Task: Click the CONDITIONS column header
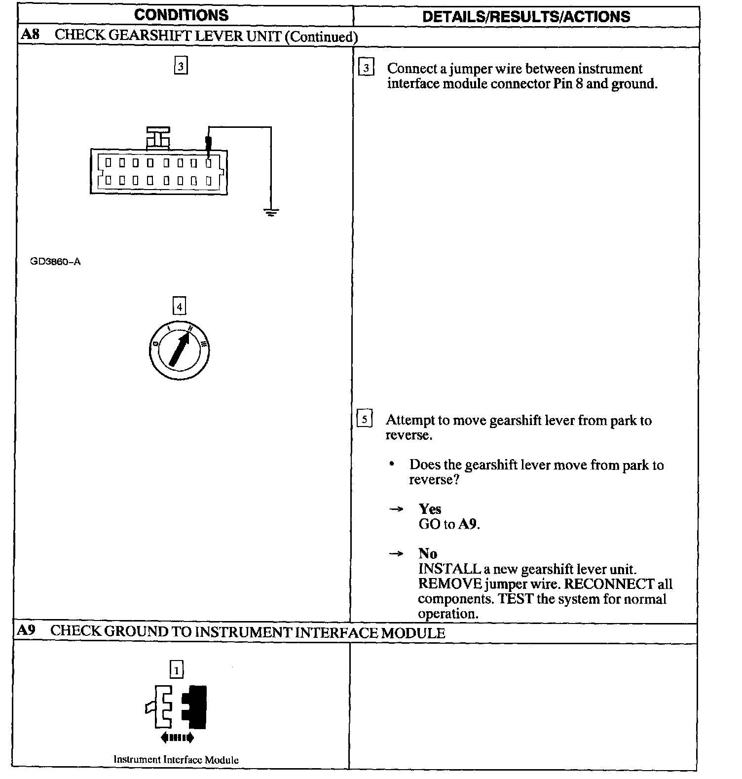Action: [x=181, y=15]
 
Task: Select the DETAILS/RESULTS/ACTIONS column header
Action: [x=526, y=16]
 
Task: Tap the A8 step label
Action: [x=30, y=35]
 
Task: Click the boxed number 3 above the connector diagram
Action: [x=181, y=66]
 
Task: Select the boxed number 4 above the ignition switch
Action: [x=179, y=307]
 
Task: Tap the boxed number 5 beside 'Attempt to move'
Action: [x=365, y=419]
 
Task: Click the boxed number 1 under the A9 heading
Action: [x=177, y=669]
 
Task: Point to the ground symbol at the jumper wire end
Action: [x=271, y=213]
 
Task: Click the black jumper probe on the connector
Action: [x=209, y=143]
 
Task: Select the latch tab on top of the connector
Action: [x=158, y=138]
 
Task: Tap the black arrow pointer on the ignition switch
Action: [x=180, y=349]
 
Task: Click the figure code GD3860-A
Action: [x=55, y=262]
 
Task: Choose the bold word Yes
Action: [x=430, y=509]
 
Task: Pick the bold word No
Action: [x=428, y=553]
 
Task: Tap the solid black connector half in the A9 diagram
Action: [x=195, y=707]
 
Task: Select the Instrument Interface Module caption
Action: [x=176, y=760]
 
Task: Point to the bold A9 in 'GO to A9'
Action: [x=468, y=524]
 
